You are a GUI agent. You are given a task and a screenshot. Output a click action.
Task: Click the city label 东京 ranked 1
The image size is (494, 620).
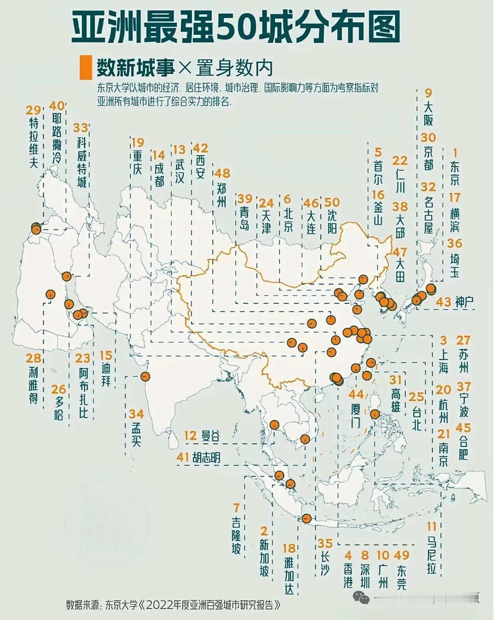pos(455,173)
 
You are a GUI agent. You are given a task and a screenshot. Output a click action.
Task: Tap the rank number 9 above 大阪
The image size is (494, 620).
pos(428,93)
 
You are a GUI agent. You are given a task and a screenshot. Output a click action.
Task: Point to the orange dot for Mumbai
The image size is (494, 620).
pos(145,376)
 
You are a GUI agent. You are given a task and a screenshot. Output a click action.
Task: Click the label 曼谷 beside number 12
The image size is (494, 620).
pos(210,436)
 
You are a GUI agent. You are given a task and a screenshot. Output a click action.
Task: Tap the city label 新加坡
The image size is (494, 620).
pos(264,557)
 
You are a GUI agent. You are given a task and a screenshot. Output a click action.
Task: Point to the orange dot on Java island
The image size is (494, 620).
pos(307,519)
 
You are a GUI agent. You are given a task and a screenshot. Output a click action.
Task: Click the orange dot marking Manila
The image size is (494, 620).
pos(374,414)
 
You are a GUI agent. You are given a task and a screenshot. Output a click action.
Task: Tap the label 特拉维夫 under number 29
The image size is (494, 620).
pos(34,143)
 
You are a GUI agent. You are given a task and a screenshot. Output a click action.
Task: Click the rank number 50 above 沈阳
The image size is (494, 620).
pos(332,202)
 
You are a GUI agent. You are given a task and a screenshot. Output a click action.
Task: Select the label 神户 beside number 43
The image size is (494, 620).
pos(464,302)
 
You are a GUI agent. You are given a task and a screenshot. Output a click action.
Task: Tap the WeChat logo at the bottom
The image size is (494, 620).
pos(361,598)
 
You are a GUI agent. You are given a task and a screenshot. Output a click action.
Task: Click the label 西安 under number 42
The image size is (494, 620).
pos(200,167)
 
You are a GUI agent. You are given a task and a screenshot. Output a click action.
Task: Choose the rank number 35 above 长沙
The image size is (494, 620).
pos(325,543)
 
